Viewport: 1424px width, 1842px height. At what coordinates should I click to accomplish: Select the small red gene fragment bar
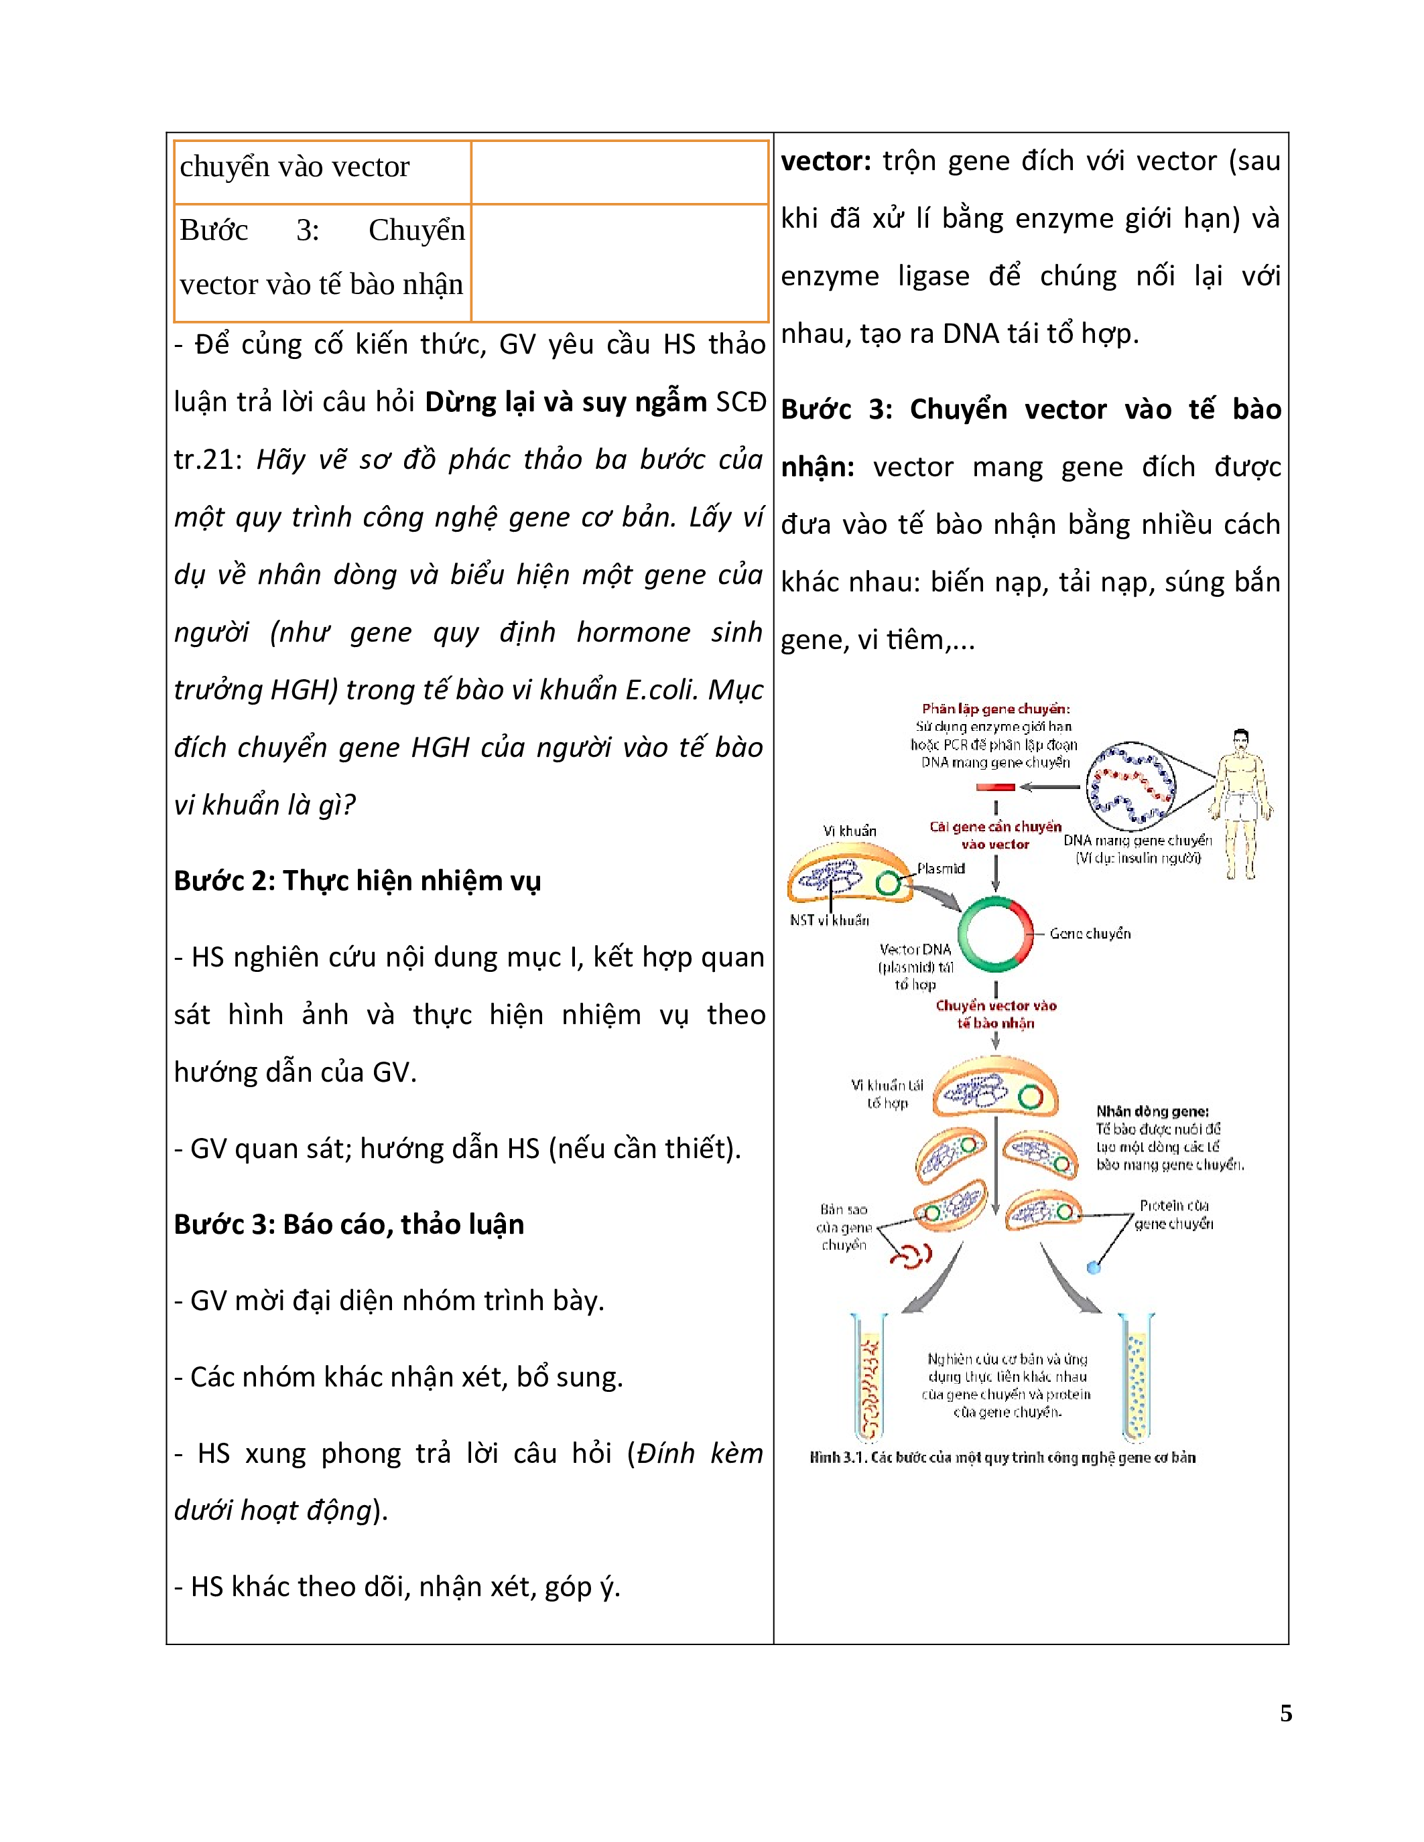(x=995, y=787)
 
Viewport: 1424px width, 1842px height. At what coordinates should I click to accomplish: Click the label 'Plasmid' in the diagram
(x=941, y=868)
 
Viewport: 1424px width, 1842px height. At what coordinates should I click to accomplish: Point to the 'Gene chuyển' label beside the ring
(x=1089, y=933)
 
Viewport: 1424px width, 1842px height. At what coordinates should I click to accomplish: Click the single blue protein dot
(x=1094, y=1267)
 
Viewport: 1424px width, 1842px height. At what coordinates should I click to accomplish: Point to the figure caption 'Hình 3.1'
(x=1002, y=1458)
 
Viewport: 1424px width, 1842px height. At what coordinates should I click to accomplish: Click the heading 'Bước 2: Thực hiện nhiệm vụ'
(x=357, y=881)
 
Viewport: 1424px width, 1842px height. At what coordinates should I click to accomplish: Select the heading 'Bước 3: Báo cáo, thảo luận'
(x=348, y=1224)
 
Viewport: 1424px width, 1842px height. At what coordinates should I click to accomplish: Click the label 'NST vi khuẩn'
(x=829, y=920)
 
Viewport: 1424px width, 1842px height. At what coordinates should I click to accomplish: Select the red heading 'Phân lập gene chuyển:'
(x=995, y=709)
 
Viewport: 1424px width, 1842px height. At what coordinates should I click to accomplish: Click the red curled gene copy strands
(x=912, y=1256)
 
